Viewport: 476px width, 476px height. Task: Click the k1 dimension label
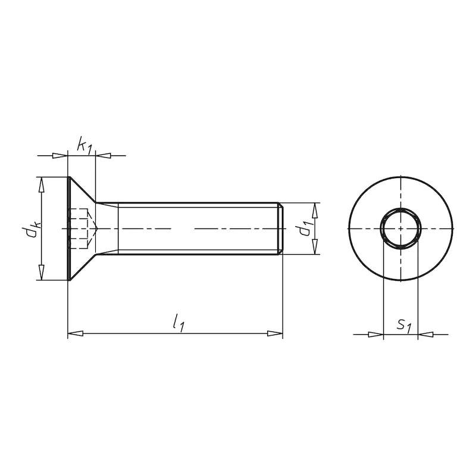(x=84, y=145)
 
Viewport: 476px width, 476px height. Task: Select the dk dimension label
(x=30, y=230)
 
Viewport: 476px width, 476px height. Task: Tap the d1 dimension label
(x=305, y=229)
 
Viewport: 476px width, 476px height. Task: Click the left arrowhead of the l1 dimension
(x=75, y=333)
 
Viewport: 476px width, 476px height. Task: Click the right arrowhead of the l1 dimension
(x=275, y=333)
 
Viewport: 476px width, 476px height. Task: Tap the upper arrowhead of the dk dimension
(x=42, y=184)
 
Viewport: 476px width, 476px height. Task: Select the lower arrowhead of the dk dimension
(x=42, y=273)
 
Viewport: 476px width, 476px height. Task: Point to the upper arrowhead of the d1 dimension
(x=315, y=211)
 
